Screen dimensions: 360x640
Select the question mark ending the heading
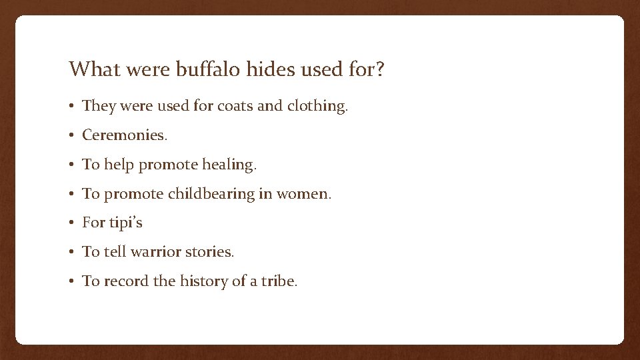click(380, 69)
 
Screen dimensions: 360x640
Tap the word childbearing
click(211, 194)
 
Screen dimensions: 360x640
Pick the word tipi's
click(125, 223)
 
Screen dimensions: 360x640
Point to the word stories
click(209, 252)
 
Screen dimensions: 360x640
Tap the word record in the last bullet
click(126, 281)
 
